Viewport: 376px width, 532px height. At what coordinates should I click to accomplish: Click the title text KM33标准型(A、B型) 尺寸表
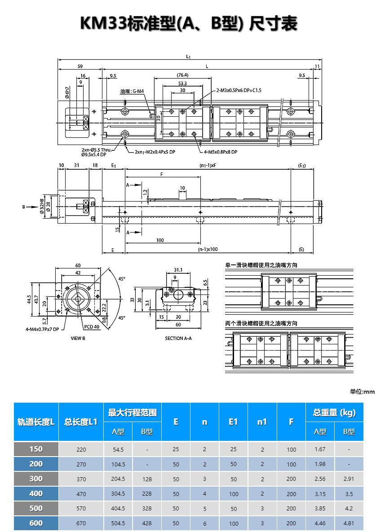188,24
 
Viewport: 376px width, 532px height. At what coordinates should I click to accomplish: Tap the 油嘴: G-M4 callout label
132,92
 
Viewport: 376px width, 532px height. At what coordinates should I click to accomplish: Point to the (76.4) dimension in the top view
182,75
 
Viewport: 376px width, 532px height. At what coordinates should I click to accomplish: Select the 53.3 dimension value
182,83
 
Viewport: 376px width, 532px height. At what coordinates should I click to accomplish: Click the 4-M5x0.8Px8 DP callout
220,152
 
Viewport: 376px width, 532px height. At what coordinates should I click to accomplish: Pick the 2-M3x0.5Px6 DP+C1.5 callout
239,90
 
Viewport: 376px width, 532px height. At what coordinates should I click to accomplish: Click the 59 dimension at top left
80,66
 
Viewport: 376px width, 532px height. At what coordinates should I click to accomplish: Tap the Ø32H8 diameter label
42,205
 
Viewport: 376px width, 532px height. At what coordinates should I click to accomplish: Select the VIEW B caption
78,338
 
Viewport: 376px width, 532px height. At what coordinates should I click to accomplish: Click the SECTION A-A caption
178,338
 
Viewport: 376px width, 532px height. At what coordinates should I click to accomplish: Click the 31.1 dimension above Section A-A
178,270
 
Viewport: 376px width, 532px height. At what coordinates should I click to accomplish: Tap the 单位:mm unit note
362,391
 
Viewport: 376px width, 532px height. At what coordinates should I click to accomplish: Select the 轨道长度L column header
36,422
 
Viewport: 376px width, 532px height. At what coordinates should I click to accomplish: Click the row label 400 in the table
36,493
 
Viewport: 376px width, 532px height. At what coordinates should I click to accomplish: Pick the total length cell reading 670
81,523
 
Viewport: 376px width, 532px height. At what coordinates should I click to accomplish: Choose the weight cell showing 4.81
349,523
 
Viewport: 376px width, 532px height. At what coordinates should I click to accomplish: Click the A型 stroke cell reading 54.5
118,449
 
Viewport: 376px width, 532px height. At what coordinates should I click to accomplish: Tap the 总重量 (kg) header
334,413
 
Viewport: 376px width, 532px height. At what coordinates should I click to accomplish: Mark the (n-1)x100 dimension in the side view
208,249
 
